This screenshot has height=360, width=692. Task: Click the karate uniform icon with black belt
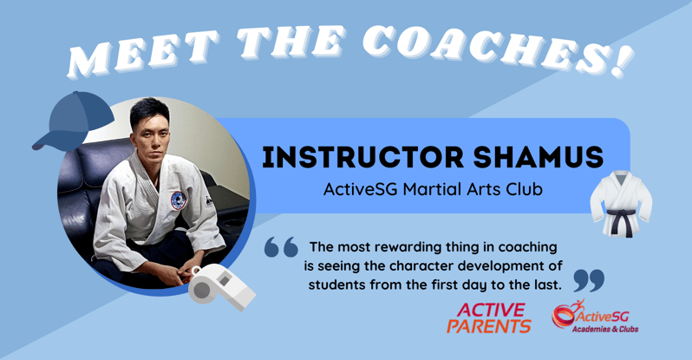(621, 203)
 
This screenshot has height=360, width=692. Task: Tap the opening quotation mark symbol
(280, 248)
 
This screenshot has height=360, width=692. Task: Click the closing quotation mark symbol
(589, 279)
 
